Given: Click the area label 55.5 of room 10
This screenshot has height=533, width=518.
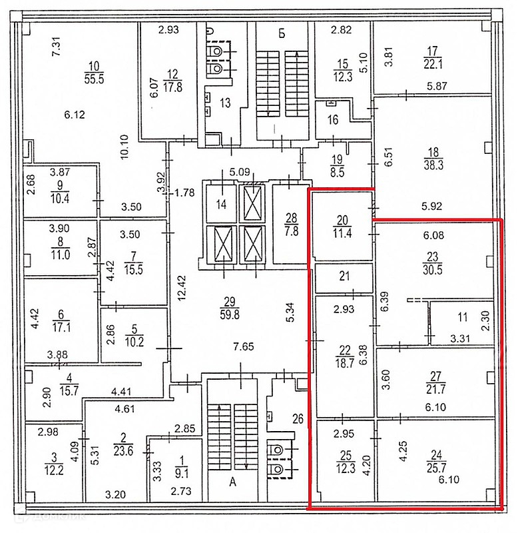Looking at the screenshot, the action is (x=93, y=78).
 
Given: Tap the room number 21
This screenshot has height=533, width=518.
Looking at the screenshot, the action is (x=344, y=278).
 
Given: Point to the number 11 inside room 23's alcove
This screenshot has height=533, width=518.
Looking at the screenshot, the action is (x=462, y=317).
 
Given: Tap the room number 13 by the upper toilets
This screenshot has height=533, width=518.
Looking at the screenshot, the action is (x=225, y=103).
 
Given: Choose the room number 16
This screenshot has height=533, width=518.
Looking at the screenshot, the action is (x=332, y=120).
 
